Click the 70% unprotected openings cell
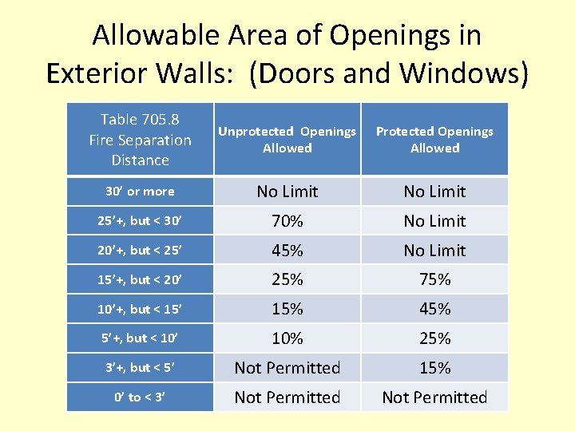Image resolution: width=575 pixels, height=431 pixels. click(287, 221)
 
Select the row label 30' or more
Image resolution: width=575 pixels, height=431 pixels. click(140, 192)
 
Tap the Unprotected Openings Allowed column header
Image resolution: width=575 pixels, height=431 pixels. click(287, 140)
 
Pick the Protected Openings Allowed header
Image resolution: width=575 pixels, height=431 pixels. click(434, 140)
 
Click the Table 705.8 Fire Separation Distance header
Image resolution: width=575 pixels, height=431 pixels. click(140, 140)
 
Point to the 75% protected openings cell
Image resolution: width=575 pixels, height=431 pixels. click(434, 279)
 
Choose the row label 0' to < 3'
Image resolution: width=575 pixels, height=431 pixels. click(140, 397)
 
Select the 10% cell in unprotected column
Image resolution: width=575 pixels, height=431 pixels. click(287, 338)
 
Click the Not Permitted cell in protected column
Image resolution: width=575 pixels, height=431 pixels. click(434, 397)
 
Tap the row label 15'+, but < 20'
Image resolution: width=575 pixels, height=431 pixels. click(140, 279)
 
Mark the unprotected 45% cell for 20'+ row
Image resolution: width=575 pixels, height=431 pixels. click(287, 251)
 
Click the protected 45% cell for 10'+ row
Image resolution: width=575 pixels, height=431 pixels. click(434, 309)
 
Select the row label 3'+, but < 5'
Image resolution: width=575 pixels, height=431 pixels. click(140, 368)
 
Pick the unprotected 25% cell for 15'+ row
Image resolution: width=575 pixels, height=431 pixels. click(287, 279)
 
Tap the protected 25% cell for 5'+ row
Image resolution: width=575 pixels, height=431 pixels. click(434, 338)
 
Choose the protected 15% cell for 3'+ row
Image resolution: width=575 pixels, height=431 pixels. click(434, 368)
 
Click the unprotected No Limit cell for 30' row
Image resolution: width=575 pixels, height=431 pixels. click(287, 192)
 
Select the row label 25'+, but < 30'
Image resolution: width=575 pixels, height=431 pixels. click(140, 221)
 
